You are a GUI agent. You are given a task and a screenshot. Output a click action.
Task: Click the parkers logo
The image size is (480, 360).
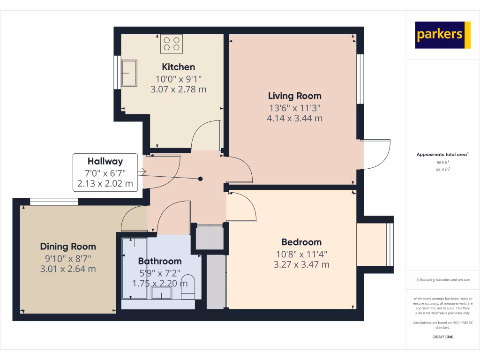[x=442, y=35]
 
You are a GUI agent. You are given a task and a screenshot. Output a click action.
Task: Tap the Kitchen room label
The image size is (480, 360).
[x=178, y=67]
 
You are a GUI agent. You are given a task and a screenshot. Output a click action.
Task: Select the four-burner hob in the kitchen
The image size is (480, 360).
[x=171, y=44]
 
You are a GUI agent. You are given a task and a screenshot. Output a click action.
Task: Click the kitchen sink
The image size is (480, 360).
[x=129, y=73]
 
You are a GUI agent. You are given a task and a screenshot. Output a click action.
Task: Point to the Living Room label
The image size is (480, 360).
[x=294, y=96]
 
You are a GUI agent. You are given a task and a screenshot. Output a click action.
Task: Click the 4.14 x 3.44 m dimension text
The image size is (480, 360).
[x=294, y=119]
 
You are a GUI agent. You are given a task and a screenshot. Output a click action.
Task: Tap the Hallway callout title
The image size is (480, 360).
[x=105, y=161]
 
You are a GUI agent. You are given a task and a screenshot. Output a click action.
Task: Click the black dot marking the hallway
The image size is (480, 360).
[x=201, y=179]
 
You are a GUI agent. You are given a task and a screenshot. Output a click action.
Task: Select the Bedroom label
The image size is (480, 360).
[x=301, y=242]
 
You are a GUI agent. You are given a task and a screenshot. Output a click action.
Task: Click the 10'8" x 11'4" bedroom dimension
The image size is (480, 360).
[x=301, y=254]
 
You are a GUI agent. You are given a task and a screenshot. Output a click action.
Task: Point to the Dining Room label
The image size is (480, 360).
[x=68, y=247]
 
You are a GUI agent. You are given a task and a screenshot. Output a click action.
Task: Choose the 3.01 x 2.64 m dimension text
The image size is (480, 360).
[x=68, y=269]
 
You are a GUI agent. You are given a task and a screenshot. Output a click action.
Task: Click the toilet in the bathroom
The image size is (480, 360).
[x=187, y=286]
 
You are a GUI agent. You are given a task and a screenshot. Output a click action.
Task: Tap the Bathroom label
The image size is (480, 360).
[x=159, y=261]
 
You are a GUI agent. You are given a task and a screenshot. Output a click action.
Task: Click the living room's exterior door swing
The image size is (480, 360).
[x=377, y=155]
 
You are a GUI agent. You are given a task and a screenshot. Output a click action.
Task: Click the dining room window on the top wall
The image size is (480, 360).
[x=54, y=202]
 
